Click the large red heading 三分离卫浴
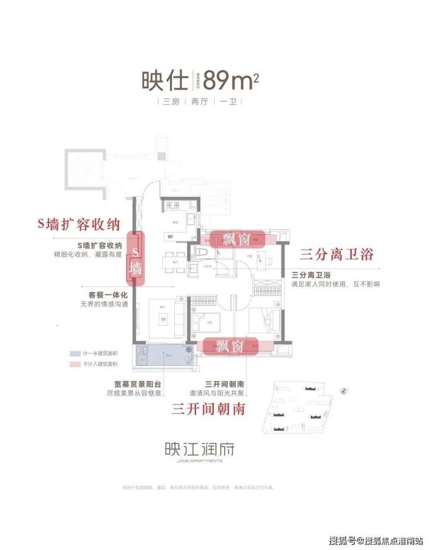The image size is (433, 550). pyautogui.click(x=336, y=255)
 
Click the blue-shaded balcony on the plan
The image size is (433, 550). pyautogui.click(x=164, y=355)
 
